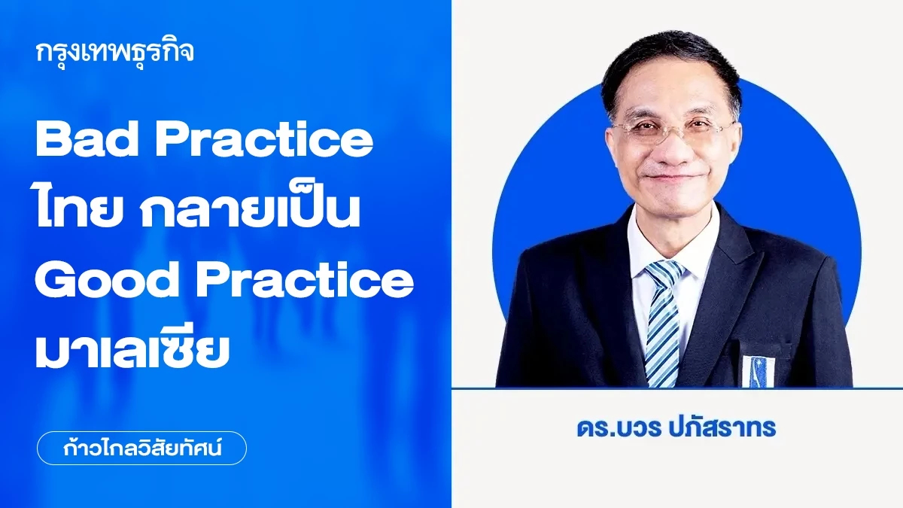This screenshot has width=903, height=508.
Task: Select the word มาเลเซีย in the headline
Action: pyautogui.click(x=132, y=350)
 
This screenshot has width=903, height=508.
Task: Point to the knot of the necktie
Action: pyautogui.click(x=665, y=273)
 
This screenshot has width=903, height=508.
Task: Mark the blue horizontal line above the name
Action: pyautogui.click(x=677, y=388)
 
